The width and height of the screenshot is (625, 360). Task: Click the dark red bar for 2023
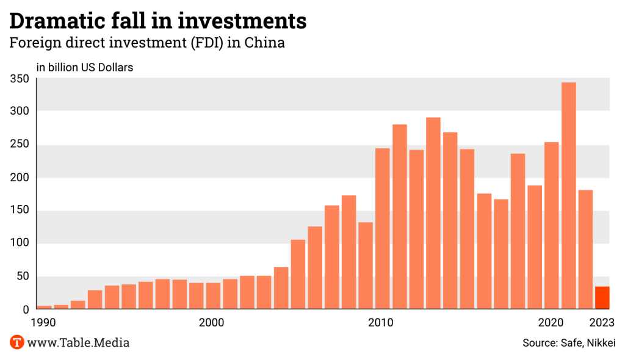pos(602,298)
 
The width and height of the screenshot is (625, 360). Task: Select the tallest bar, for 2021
pos(568,195)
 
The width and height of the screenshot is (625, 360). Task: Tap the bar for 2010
pos(383,228)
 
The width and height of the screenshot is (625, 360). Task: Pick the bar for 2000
pos(214,296)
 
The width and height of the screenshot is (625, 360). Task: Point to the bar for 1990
pos(45,307)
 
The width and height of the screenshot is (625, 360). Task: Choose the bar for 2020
pos(552,225)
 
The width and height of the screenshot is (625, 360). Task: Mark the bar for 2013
pos(433,213)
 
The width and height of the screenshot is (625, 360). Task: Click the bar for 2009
pos(366,265)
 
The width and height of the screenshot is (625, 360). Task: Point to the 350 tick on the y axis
pos(20,79)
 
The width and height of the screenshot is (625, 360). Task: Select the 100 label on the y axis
pos(20,243)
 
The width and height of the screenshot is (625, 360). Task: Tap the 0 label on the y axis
pos(26,309)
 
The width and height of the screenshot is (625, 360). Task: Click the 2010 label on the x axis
pos(383,322)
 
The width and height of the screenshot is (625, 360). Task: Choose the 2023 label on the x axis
pos(602,322)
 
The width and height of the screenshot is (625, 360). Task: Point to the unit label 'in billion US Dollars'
pos(85,67)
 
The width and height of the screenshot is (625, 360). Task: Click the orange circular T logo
pos(17,342)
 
